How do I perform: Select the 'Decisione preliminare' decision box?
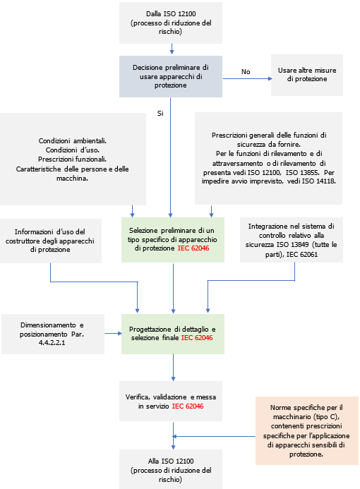[x=172, y=76]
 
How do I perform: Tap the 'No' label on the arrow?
[x=246, y=71]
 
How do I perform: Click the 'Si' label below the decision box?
[x=160, y=113]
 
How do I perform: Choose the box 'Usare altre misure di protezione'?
[x=307, y=75]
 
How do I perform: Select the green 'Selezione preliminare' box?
[x=172, y=240]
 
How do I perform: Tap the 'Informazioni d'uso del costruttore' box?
[x=51, y=240]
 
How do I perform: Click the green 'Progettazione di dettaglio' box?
[x=172, y=333]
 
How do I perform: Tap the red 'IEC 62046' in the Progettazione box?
[x=196, y=338]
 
